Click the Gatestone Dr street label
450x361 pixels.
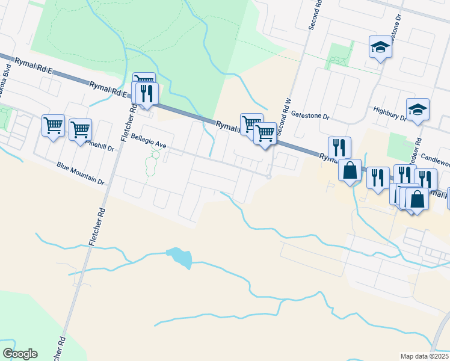pos(310,114)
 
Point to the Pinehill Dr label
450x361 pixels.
pos(100,144)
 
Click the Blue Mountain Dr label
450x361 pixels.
pos(81,173)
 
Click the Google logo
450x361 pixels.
pos(20,354)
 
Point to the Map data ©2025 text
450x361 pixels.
pos(425,356)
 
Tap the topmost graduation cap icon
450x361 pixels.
pos(380,47)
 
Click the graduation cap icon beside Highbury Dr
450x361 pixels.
pos(418,110)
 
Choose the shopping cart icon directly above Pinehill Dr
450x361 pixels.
pos(80,129)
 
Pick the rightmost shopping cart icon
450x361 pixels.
pos(265,132)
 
